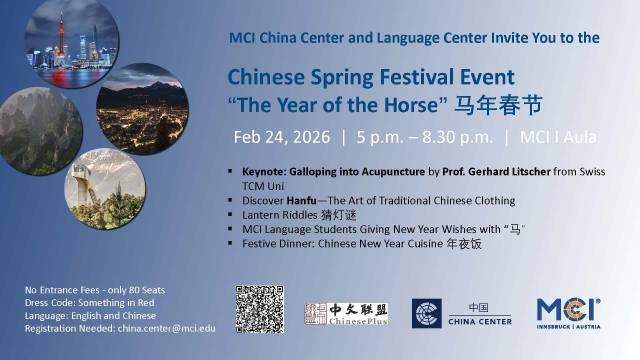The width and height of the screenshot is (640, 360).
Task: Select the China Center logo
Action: coord(462,313)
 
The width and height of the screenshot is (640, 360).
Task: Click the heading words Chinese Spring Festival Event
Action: coord(371,77)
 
